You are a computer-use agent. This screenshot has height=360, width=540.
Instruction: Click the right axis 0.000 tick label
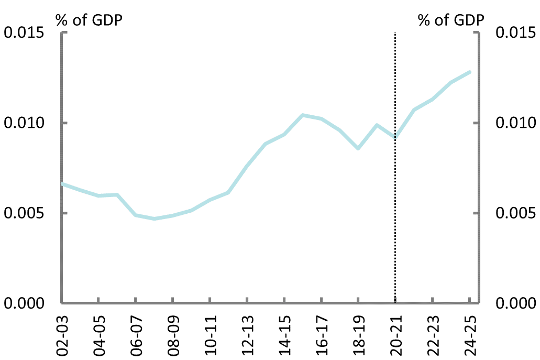point(516,303)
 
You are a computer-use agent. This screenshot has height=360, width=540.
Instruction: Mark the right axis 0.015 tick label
point(516,33)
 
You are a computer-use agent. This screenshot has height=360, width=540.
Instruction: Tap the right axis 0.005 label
point(516,213)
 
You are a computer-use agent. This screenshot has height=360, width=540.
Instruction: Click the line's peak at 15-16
point(302,115)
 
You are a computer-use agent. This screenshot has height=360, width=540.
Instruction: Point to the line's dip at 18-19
point(358,149)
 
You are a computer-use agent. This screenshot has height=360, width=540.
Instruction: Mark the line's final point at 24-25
point(470,72)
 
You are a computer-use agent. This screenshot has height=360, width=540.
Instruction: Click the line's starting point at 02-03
point(62,183)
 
